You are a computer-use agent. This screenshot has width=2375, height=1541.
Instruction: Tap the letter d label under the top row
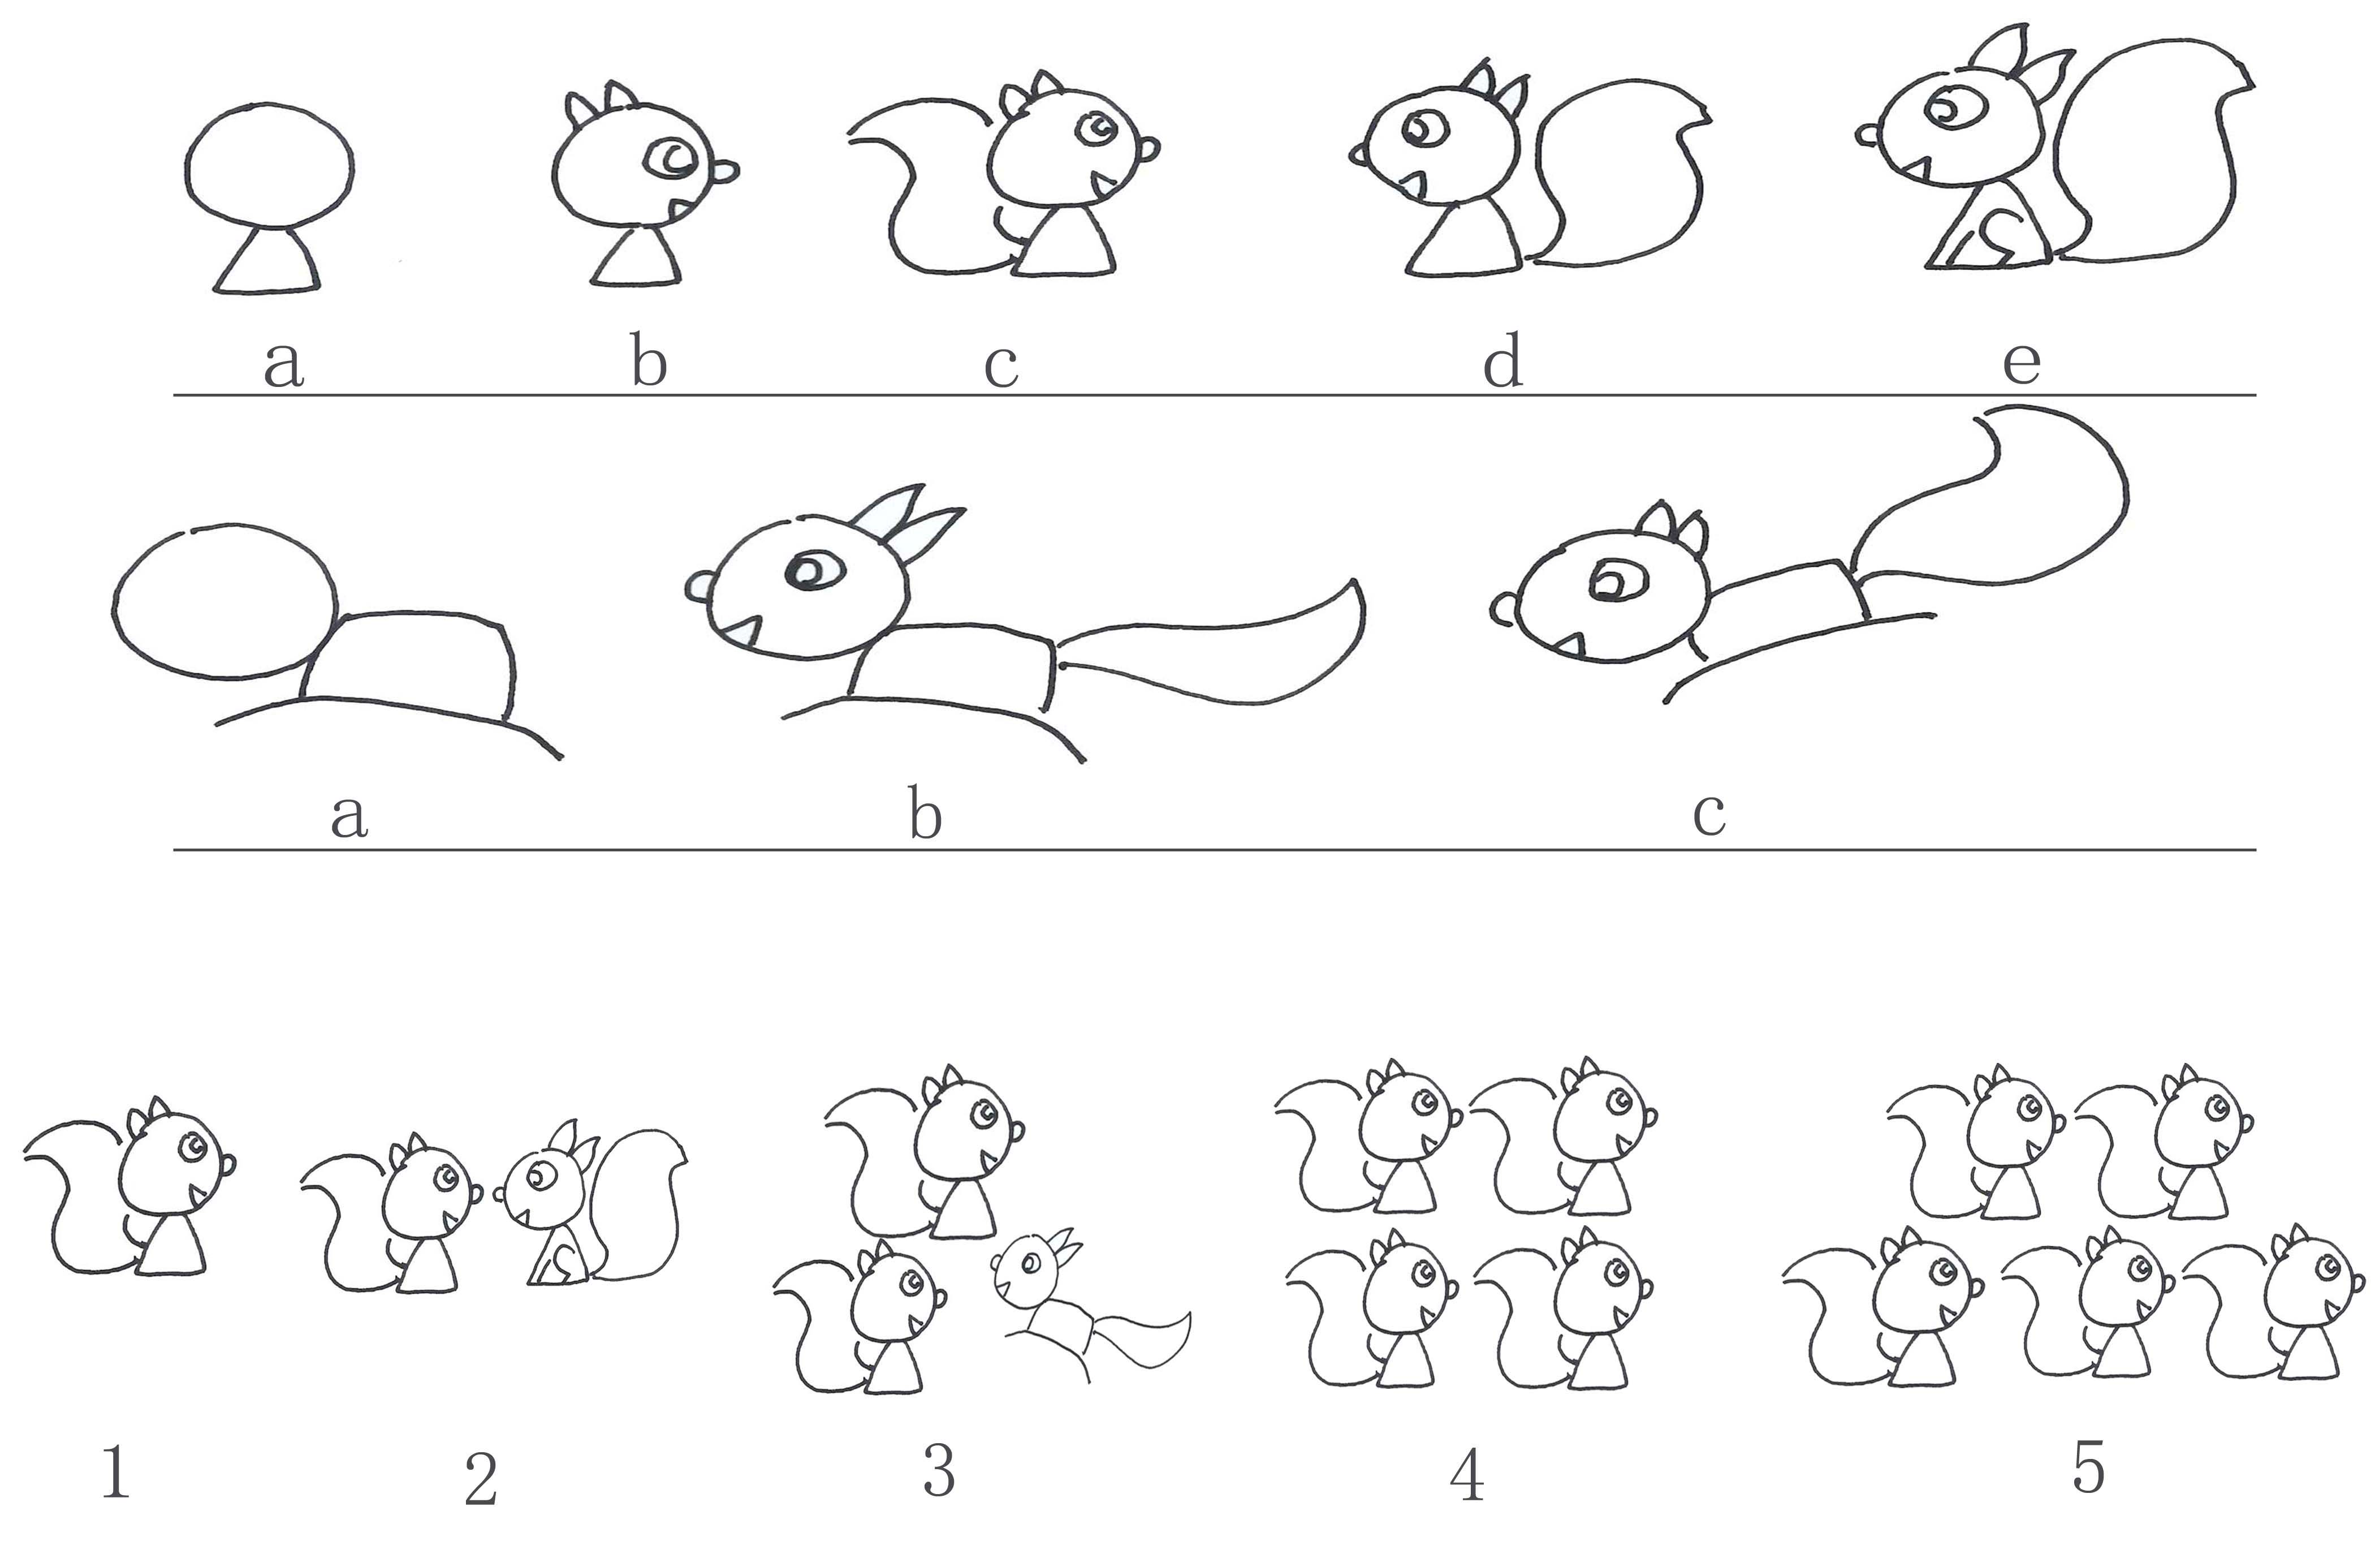(x=1502, y=361)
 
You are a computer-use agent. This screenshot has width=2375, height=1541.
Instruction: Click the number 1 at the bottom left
(x=116, y=1474)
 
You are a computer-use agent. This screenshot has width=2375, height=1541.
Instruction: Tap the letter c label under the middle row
(x=1708, y=815)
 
